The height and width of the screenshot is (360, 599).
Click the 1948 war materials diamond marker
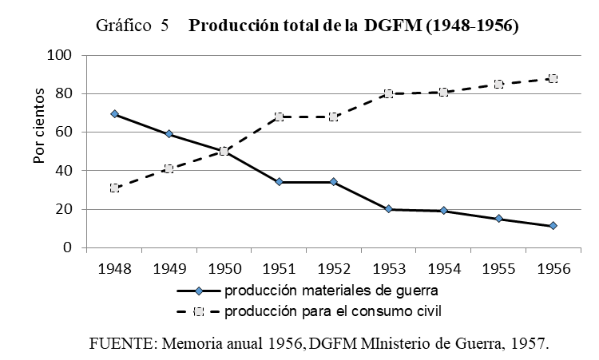115,114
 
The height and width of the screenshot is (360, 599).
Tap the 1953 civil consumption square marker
388,93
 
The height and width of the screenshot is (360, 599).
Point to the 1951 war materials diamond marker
279,182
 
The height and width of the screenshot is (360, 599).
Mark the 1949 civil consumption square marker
169,168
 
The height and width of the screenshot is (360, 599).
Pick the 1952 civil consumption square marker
333,117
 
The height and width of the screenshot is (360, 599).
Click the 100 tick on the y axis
61,55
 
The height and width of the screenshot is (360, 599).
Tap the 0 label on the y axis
69,248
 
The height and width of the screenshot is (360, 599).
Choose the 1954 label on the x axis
442,267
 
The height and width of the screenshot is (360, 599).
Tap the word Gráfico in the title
124,26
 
